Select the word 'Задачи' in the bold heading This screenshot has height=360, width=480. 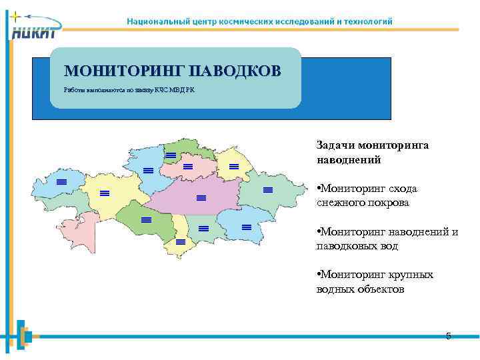(336, 145)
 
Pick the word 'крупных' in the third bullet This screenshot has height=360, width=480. (410, 275)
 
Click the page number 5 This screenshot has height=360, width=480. (448, 336)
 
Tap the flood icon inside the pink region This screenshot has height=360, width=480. (188, 166)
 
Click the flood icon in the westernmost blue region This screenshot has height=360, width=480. (61, 182)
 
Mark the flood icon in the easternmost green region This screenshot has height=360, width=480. (268, 191)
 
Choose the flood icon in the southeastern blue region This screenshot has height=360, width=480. (246, 227)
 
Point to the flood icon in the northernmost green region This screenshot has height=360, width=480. (171, 155)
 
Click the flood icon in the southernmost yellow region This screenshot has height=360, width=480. (181, 241)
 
